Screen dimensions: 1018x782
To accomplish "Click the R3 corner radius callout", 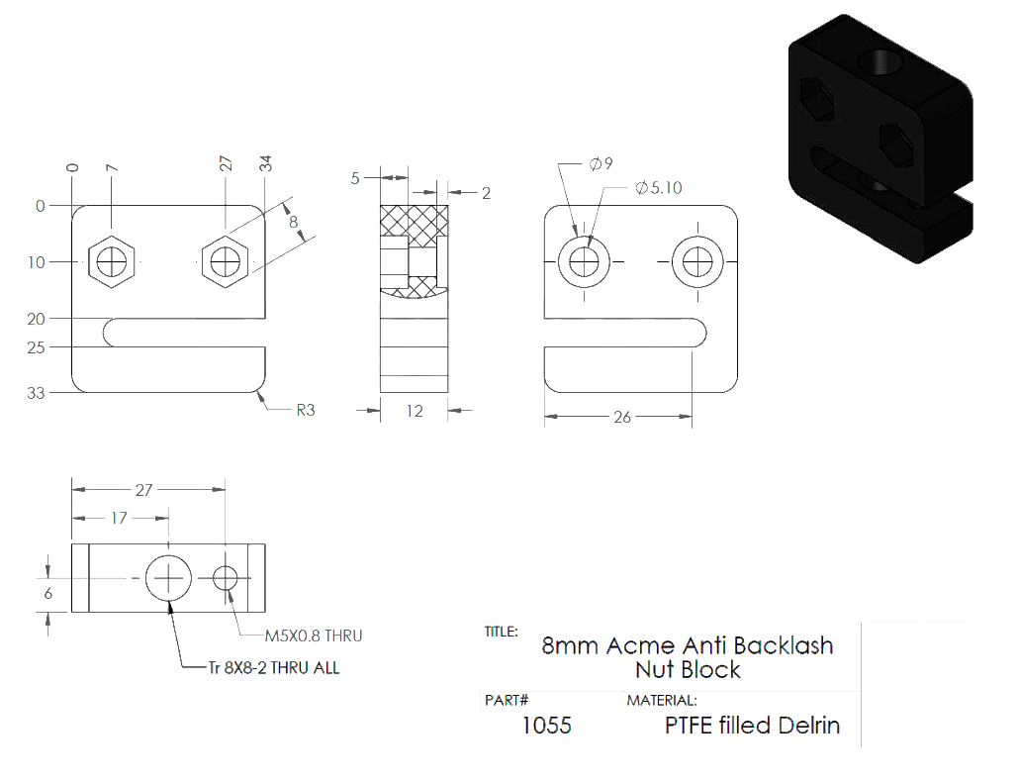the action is tap(306, 410).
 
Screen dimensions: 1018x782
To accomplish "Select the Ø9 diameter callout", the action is tap(601, 163).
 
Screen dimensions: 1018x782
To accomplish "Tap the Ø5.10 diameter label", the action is tap(658, 188).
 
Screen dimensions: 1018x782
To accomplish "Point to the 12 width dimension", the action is tap(415, 411).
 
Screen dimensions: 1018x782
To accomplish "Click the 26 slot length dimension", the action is tap(622, 417).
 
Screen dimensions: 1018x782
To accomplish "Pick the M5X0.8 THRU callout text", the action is tap(314, 635).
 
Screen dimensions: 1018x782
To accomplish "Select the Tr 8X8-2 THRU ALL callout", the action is tap(274, 668).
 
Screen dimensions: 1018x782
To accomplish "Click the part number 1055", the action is tap(547, 725).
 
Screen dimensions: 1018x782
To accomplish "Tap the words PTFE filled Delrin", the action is tap(752, 725).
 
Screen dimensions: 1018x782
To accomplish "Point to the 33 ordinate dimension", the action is tap(36, 393).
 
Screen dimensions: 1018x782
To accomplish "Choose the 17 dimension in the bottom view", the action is tap(119, 518).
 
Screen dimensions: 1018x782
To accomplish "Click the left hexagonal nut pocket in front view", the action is tap(112, 261).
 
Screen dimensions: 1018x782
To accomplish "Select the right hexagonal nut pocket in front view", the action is tap(226, 261).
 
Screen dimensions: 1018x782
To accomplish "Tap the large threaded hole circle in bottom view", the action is tap(168, 577).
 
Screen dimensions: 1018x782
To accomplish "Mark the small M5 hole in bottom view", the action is tap(226, 577).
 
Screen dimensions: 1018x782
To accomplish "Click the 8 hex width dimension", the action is tap(294, 222).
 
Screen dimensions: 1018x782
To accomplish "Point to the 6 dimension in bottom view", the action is tap(48, 593).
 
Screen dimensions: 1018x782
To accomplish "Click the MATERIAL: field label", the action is tap(662, 700).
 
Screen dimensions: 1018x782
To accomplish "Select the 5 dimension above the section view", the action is tap(355, 178).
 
